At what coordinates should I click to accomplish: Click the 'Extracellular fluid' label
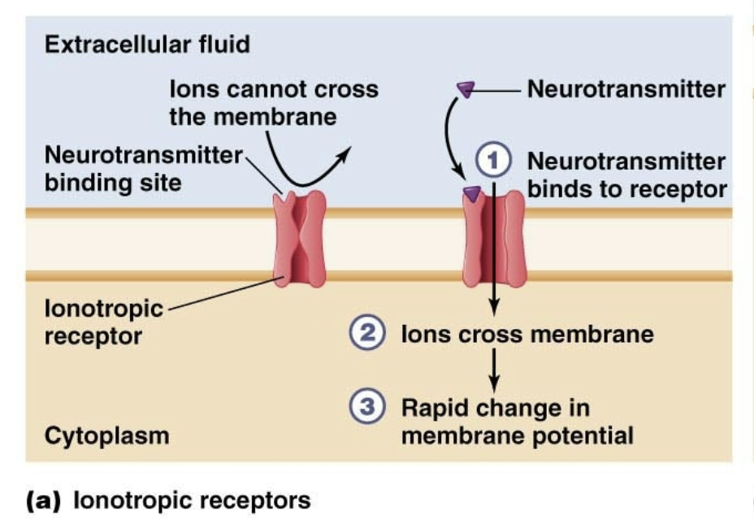pyautogui.click(x=147, y=44)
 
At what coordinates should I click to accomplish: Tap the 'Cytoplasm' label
pyautogui.click(x=106, y=435)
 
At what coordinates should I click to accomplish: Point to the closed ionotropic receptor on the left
pyautogui.click(x=301, y=241)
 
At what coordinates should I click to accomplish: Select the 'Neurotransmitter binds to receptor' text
pyautogui.click(x=626, y=175)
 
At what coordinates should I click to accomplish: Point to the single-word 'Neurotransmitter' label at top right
pyautogui.click(x=626, y=89)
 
